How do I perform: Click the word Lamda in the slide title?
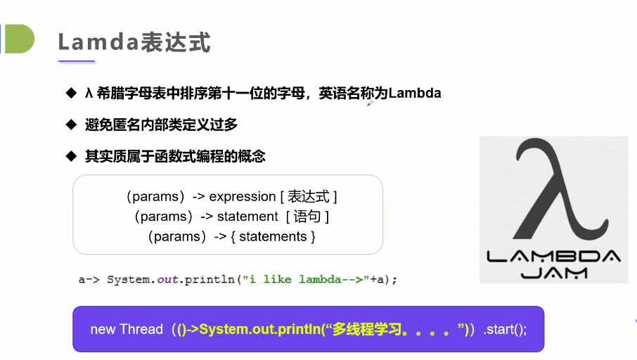coord(98,42)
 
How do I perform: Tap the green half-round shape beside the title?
coord(20,39)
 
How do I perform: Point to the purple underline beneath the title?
coord(77,61)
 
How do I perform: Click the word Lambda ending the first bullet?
coord(415,93)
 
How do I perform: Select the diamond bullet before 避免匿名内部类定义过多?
coord(71,124)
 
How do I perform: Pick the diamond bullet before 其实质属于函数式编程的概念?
coord(71,156)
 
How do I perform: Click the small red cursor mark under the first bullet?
coord(370,103)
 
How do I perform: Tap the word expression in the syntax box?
coord(243,197)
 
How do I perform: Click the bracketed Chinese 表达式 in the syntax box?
coord(309,197)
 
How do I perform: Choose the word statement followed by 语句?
coord(247,217)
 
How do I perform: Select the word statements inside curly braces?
coord(273,236)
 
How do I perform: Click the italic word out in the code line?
coord(168,280)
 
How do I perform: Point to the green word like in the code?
coord(278,279)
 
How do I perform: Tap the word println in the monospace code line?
coord(210,280)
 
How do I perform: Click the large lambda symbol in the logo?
coord(560,188)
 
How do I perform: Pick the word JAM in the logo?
coord(554,273)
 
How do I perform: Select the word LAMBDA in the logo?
coord(554,256)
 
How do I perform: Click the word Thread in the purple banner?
coord(141,329)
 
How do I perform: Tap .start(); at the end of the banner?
coord(505,329)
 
